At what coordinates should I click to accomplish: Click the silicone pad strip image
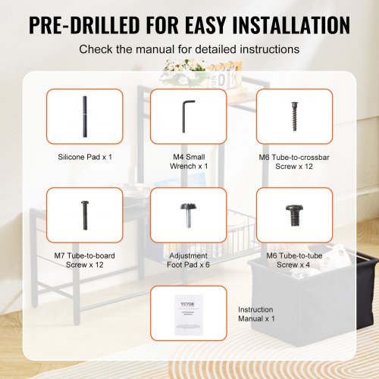(84, 116)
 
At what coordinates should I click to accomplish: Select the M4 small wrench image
(188, 116)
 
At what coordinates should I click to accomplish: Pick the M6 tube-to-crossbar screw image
(294, 116)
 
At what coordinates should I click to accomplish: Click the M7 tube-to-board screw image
(84, 215)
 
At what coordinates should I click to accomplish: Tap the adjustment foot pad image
(188, 215)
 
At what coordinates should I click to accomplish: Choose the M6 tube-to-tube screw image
(294, 215)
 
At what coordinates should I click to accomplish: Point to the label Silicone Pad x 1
(85, 158)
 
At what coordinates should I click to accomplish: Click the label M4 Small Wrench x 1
(188, 161)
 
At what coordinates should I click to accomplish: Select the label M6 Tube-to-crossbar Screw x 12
(294, 161)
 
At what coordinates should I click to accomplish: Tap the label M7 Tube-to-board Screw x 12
(85, 260)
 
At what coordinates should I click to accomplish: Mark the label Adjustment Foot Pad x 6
(188, 260)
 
